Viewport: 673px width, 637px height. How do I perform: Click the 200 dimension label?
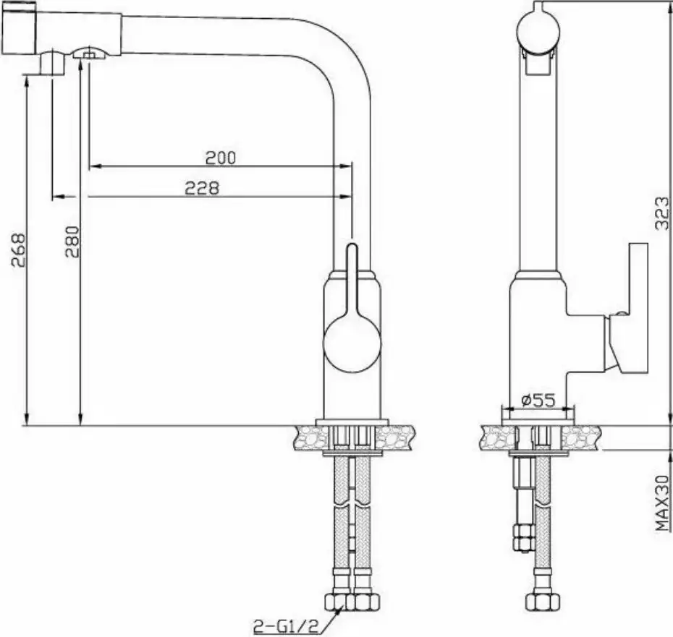(x=221, y=157)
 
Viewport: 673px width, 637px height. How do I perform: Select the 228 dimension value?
(x=202, y=188)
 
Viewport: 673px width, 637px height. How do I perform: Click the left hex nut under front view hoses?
(x=336, y=602)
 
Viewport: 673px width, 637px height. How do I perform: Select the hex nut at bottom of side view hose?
(x=537, y=602)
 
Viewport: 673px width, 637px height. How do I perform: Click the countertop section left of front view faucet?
(x=309, y=437)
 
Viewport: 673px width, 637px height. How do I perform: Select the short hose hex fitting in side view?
(x=520, y=539)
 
